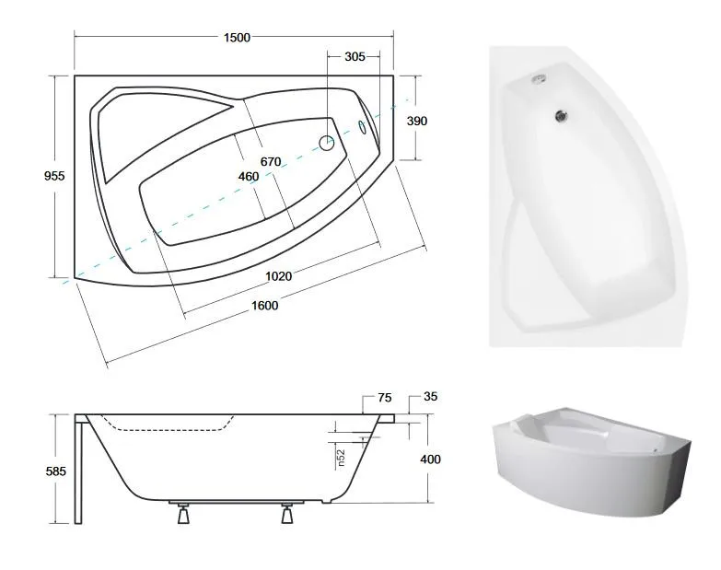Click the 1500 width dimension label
pyautogui.click(x=237, y=37)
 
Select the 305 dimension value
pyautogui.click(x=355, y=56)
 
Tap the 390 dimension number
pyautogui.click(x=416, y=121)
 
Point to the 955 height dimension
pyautogui.click(x=54, y=176)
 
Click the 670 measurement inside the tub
pyautogui.click(x=271, y=162)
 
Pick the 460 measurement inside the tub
pyautogui.click(x=249, y=177)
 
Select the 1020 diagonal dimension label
pyautogui.click(x=279, y=276)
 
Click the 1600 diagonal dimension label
pyautogui.click(x=265, y=305)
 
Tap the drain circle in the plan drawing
pyautogui.click(x=327, y=143)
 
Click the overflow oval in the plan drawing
pyautogui.click(x=362, y=127)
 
